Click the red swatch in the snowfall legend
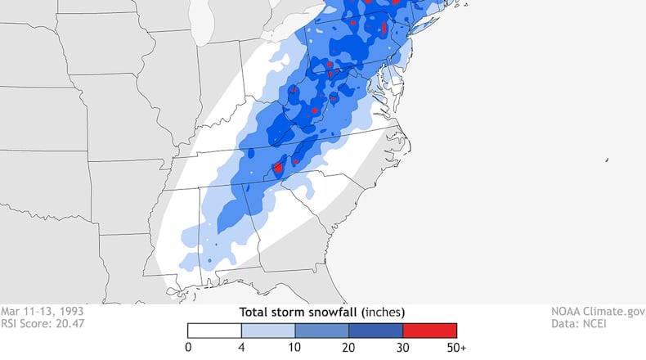tap(429, 330)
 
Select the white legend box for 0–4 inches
tap(214, 330)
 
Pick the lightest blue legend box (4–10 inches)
tap(268, 330)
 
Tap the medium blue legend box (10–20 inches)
tap(322, 330)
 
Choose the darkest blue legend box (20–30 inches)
tap(376, 330)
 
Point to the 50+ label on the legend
tap(457, 348)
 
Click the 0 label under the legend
tap(188, 348)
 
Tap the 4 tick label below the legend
tap(241, 348)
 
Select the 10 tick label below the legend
tap(295, 348)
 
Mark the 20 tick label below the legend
tap(349, 348)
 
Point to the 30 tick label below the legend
tap(403, 348)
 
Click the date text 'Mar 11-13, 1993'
tap(42, 312)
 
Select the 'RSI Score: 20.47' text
tap(43, 323)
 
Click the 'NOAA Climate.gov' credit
tap(599, 312)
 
